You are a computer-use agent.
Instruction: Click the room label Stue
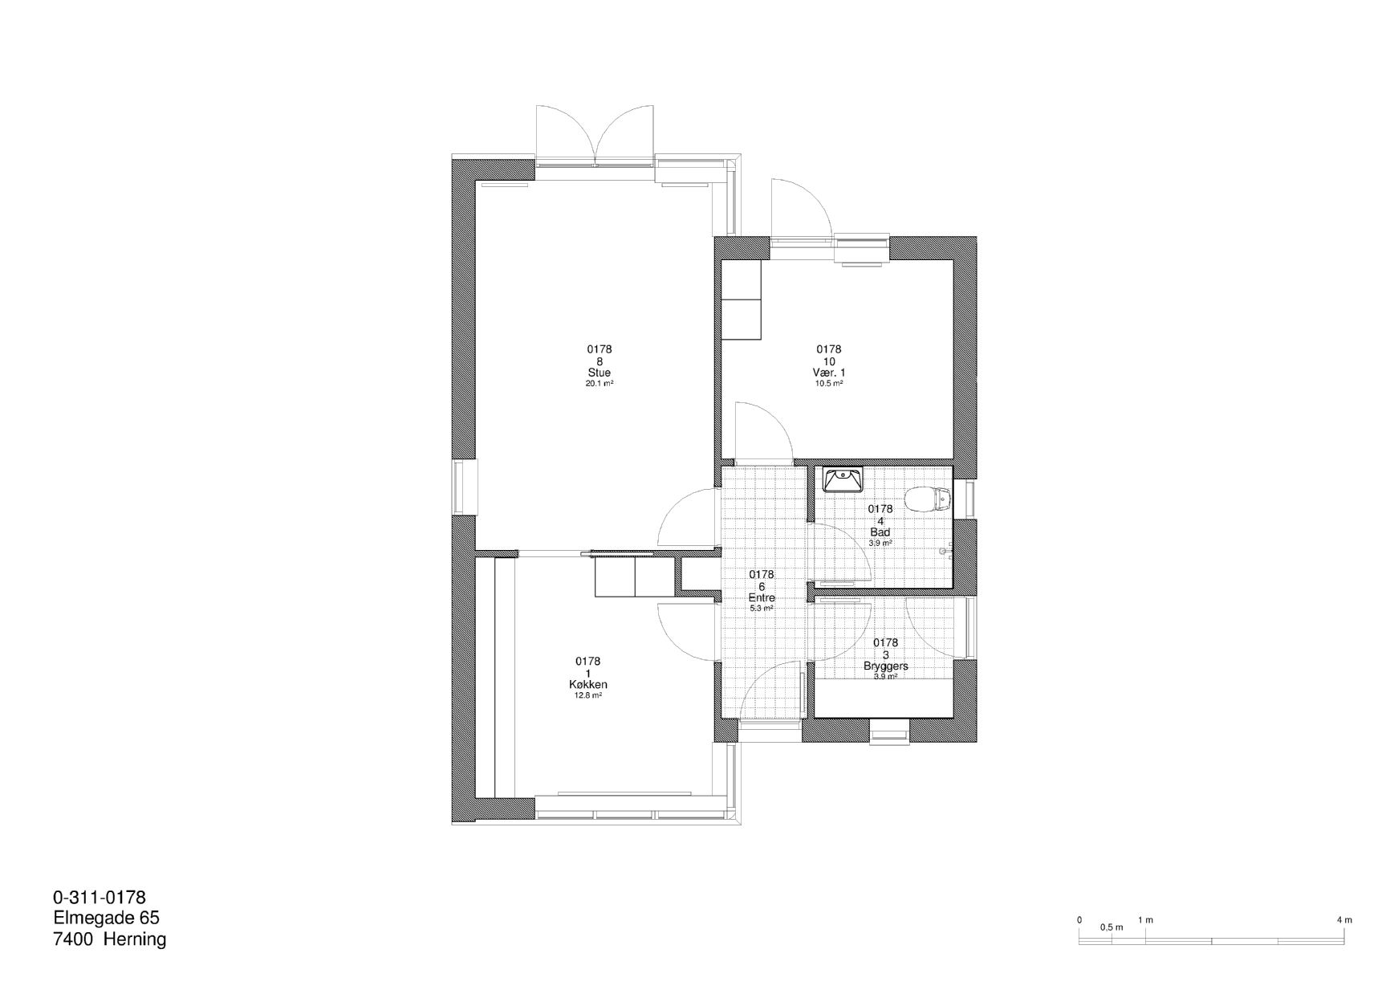(599, 373)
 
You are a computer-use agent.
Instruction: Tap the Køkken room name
(587, 685)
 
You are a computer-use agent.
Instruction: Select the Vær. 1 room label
(829, 373)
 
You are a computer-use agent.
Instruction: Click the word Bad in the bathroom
(880, 532)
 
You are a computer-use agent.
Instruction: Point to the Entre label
(762, 598)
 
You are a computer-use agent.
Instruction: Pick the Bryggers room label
(886, 666)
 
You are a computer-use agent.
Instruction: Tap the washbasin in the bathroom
(843, 479)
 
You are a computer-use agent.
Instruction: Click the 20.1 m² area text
(599, 384)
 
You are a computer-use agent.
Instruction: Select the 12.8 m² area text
(588, 696)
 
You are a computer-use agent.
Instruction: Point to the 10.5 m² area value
(829, 384)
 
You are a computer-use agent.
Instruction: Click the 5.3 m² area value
(762, 609)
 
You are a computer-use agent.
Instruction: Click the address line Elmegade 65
(107, 918)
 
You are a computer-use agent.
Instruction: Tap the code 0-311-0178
(100, 897)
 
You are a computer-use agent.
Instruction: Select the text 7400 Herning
(110, 939)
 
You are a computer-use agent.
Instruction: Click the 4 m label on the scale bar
(1344, 920)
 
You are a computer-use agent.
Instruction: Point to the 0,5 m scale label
(1112, 927)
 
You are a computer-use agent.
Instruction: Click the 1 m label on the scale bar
(1145, 920)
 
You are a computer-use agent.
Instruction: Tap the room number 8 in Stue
(599, 361)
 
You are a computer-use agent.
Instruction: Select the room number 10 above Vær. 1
(829, 361)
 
